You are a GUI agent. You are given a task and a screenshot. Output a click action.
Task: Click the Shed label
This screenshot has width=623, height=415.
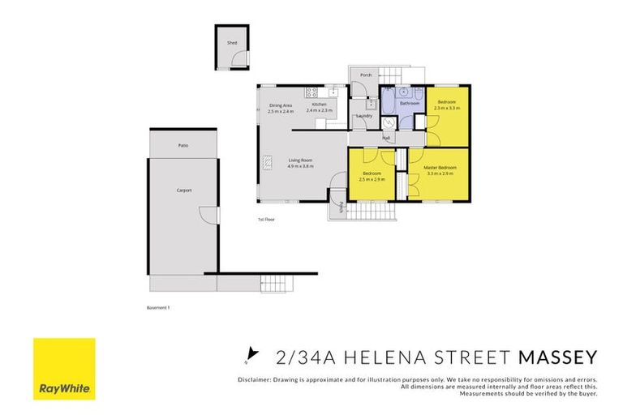(231, 42)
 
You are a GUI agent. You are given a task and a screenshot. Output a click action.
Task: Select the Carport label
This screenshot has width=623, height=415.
(183, 190)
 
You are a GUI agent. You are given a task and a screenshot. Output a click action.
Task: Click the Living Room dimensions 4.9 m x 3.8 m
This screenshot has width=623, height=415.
(300, 166)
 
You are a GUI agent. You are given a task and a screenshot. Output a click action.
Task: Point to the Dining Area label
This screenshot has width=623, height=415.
(281, 105)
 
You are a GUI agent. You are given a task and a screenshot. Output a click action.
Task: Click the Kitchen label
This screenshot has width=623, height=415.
(320, 105)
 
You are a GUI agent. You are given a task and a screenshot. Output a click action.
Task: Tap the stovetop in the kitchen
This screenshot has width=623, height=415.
(310, 92)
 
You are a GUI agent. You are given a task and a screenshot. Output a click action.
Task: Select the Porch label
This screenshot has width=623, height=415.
(366, 75)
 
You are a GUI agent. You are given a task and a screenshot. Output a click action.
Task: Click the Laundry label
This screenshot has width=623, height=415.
(364, 116)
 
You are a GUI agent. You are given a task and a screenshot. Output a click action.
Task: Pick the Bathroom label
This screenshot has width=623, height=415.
(409, 104)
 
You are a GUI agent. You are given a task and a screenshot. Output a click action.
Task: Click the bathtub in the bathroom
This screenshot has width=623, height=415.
(388, 102)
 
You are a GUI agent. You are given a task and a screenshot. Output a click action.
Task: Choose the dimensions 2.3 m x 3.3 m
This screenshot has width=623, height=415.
(447, 108)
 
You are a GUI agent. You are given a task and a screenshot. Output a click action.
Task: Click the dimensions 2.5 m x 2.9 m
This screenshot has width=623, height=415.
(372, 179)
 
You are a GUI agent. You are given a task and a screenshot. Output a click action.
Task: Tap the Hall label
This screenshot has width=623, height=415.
(387, 138)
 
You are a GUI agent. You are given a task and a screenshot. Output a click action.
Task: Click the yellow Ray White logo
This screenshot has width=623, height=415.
(64, 369)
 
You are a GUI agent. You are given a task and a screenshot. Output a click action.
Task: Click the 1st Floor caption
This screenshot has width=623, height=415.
(266, 219)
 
